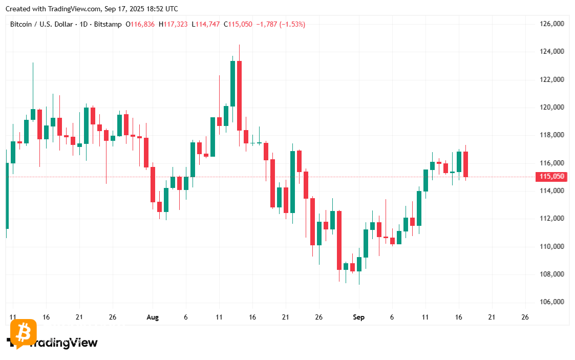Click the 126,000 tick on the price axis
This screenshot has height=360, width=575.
[552, 24]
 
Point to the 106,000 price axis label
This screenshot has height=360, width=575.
[552, 302]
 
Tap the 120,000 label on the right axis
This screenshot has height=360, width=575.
[552, 108]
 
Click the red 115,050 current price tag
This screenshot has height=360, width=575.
[551, 177]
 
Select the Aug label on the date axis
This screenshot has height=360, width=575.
[152, 317]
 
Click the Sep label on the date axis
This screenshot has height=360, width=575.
[358, 317]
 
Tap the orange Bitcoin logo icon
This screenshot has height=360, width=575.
[23, 333]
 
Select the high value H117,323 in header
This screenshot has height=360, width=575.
[173, 24]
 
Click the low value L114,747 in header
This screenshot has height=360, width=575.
[205, 24]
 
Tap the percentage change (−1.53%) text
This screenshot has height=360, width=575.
[292, 24]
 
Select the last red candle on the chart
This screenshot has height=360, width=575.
[466, 164]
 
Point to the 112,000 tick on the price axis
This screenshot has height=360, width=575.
[552, 219]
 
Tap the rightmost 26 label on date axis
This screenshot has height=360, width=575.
[525, 317]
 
